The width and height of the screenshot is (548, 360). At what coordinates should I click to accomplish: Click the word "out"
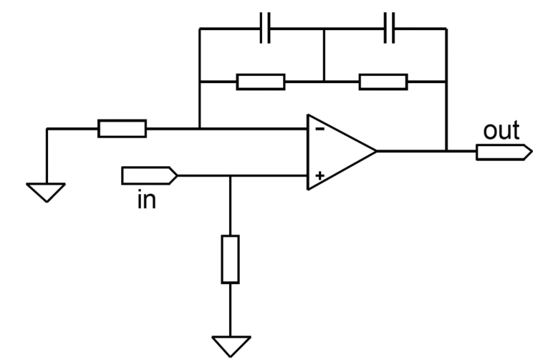[x=501, y=131]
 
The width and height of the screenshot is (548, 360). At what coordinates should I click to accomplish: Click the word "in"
[x=147, y=200]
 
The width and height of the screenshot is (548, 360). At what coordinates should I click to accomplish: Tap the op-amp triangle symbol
[x=342, y=152]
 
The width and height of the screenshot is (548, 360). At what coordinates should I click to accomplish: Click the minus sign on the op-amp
[x=319, y=130]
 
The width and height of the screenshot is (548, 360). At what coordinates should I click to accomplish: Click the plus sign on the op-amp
[x=319, y=175]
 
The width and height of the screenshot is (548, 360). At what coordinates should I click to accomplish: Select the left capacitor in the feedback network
[x=265, y=28]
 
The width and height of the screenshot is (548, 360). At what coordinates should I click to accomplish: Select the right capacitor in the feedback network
[x=390, y=28]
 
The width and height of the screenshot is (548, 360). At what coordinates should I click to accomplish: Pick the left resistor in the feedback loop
[x=261, y=82]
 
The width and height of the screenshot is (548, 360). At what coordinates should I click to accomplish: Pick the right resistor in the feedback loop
[x=383, y=82]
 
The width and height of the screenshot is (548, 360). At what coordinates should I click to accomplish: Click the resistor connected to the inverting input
[x=122, y=129]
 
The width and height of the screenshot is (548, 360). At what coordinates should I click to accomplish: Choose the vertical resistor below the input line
[x=231, y=259]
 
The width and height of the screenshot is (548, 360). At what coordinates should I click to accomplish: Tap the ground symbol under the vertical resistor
[x=231, y=346]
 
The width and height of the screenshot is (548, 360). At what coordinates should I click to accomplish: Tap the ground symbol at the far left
[x=46, y=193]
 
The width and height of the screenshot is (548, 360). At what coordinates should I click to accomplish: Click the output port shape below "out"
[x=504, y=152]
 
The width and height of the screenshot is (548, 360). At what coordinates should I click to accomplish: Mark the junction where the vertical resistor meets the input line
[x=231, y=175]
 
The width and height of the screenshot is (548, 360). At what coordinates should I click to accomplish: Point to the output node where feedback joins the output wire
[x=446, y=151]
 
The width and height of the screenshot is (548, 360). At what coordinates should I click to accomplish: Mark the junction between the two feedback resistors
[x=325, y=82]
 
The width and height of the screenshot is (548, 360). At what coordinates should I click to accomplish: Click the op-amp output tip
[x=376, y=151]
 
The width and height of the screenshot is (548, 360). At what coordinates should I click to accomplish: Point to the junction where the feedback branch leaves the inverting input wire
[x=200, y=129]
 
